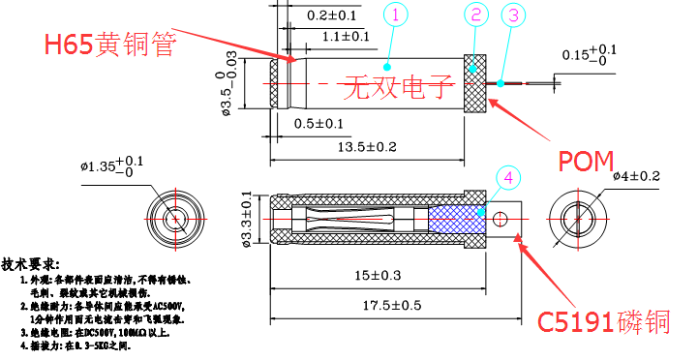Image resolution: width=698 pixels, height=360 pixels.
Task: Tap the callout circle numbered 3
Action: [x=514, y=15]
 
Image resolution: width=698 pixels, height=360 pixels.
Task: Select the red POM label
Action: [x=587, y=162]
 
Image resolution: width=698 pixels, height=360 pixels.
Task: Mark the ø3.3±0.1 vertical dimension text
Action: [x=246, y=219]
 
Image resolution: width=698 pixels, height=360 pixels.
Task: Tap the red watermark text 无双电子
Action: [x=398, y=88]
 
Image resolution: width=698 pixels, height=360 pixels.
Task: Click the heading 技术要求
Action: [x=30, y=264]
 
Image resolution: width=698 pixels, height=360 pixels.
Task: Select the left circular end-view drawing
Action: [x=175, y=219]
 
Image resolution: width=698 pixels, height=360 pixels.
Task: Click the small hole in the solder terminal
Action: [x=501, y=218]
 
